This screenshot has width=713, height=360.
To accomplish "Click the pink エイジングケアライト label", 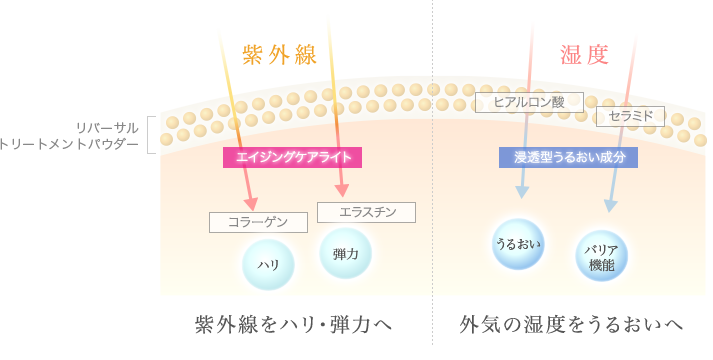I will (292, 157).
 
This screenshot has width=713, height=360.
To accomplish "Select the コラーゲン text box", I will (258, 222).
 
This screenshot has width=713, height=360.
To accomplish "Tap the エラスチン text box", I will (366, 212).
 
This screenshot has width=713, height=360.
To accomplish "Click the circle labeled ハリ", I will (268, 264).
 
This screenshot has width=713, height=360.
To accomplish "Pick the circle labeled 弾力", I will (345, 252).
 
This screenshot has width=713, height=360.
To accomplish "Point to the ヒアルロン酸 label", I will (529, 102).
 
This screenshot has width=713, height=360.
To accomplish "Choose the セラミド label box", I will (630, 116).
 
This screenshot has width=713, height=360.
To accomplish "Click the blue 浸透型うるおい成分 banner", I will (568, 157).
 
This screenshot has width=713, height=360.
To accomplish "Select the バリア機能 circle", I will (602, 256).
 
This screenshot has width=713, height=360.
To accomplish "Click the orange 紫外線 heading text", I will (280, 55).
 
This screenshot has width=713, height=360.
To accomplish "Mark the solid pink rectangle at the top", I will (583, 54).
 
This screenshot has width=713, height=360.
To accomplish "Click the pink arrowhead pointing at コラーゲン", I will (250, 203).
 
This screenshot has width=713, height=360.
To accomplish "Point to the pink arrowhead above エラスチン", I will (343, 190).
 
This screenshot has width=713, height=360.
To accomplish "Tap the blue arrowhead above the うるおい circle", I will (521, 192).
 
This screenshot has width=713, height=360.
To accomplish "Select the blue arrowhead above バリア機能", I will (610, 206).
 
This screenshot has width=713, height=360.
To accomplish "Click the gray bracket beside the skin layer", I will (152, 135).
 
